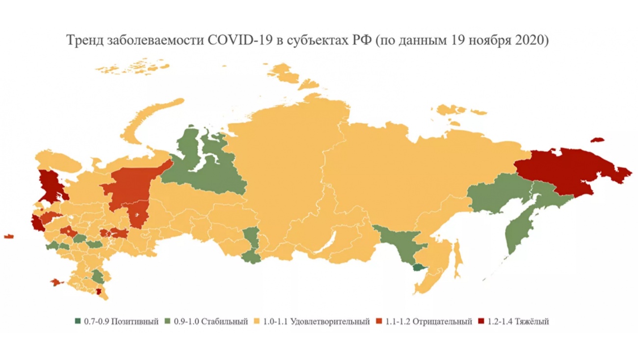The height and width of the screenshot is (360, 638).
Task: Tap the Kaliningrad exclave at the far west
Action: pos(8,237)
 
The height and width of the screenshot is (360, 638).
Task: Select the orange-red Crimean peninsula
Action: pos(57,282)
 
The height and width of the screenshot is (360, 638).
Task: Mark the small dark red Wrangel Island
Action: pos(597,140)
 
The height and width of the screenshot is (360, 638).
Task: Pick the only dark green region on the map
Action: pos(419,268)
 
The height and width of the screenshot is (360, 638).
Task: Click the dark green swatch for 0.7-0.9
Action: pos(78,322)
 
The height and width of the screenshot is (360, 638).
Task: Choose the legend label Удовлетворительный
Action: pos(330,322)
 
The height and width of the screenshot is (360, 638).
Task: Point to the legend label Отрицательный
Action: pos(443,322)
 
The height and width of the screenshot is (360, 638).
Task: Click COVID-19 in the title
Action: pos(236,41)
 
